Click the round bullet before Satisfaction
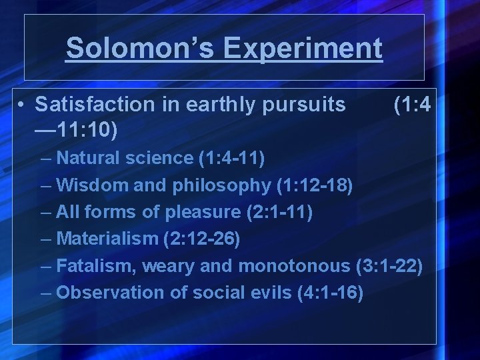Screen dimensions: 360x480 22,105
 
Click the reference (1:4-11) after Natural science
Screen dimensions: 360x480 231,159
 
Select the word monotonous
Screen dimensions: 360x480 293,266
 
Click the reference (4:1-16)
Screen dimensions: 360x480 329,293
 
